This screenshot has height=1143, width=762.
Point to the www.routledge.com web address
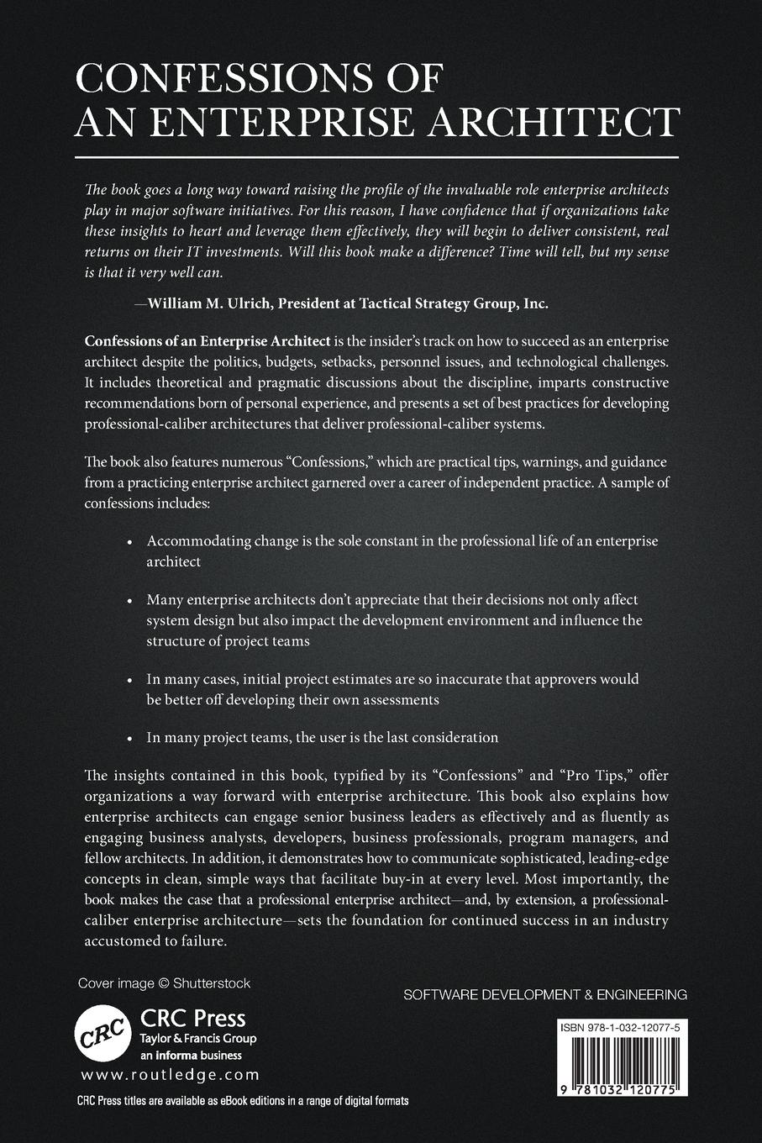point(170,1074)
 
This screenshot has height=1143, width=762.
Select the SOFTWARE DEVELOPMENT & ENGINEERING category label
point(545,994)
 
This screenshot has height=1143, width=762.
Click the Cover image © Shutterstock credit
point(164,982)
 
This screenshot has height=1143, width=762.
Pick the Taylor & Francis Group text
point(197,1039)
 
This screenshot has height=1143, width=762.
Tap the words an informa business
point(190,1055)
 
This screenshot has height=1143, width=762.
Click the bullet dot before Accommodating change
point(129,543)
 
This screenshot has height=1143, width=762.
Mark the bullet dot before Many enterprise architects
point(129,602)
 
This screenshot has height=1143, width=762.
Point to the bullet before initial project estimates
point(129,680)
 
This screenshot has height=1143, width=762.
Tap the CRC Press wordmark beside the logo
point(192,1019)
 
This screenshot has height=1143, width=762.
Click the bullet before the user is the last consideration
point(129,739)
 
